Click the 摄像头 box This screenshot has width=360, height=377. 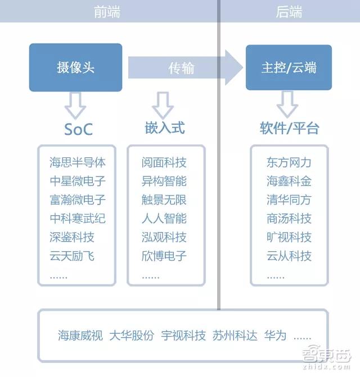click(x=75, y=67)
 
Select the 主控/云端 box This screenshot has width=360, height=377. click(x=289, y=67)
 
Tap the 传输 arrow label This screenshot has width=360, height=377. click(x=181, y=68)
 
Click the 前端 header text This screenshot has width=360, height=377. click(x=107, y=12)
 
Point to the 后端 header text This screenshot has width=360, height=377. click(x=289, y=12)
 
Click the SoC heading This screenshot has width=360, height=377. click(x=78, y=129)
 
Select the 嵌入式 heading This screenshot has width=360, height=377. click(x=165, y=128)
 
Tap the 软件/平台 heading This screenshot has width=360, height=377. click(x=290, y=128)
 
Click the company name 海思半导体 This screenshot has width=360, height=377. click(x=78, y=162)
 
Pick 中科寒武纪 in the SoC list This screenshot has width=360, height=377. click(x=78, y=219)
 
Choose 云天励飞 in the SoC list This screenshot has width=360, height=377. click(x=72, y=256)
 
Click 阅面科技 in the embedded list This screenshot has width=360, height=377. click(x=164, y=162)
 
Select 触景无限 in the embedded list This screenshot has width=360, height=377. click(x=164, y=200)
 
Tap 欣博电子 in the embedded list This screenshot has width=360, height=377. click(x=164, y=256)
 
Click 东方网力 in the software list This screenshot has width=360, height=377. click(x=289, y=162)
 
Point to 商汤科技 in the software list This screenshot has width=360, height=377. click(x=289, y=219)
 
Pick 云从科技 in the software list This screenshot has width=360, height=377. click(x=289, y=256)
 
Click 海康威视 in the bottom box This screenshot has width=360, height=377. click(x=80, y=335)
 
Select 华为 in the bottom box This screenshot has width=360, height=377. click(x=275, y=335)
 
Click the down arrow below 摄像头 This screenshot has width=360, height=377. click(x=75, y=105)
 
